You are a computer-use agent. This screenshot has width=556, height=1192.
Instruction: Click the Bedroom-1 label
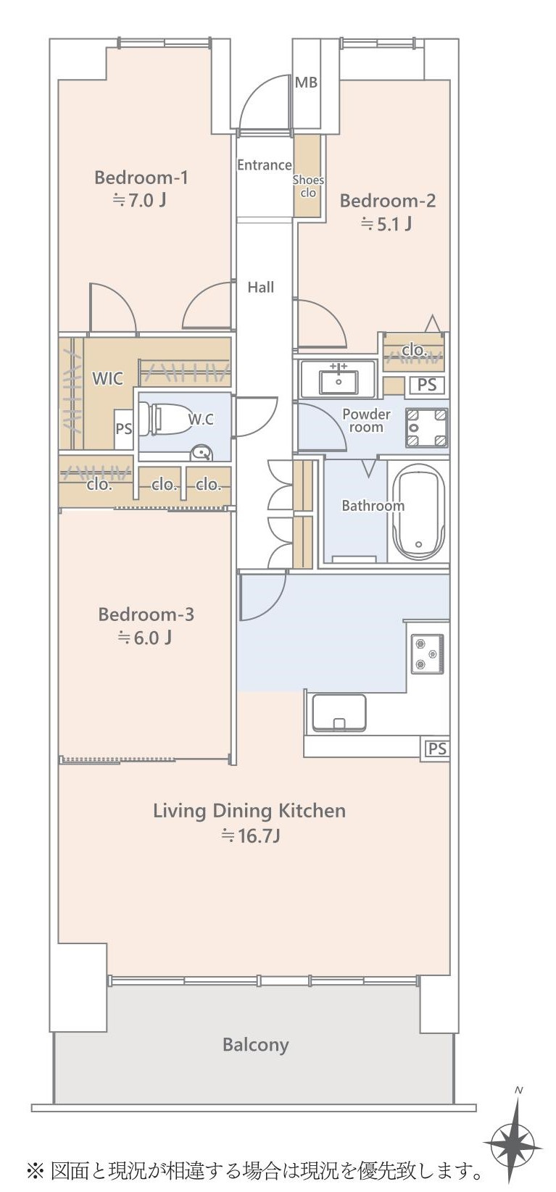click(x=141, y=178)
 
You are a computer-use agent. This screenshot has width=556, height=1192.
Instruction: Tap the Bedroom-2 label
click(x=388, y=201)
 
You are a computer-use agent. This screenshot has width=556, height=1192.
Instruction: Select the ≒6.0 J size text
click(x=144, y=637)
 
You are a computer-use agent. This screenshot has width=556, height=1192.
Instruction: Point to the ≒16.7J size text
click(x=250, y=835)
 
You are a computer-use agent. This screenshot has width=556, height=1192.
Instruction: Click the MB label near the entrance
click(x=306, y=83)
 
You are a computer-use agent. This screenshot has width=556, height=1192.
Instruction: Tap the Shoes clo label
click(x=308, y=186)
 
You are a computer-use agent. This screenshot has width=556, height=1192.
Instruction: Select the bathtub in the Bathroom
click(x=418, y=512)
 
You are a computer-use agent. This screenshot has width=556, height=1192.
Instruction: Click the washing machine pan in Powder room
click(x=426, y=428)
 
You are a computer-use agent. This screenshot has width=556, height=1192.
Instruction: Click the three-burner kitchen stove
click(x=427, y=654)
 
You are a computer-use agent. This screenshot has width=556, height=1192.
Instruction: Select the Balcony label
click(x=256, y=1045)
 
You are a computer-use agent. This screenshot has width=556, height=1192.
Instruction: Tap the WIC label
click(x=107, y=378)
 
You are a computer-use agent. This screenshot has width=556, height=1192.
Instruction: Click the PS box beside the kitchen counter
click(x=436, y=749)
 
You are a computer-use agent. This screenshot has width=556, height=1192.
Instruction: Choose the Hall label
click(x=261, y=288)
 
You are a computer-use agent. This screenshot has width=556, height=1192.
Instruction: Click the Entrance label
click(x=264, y=165)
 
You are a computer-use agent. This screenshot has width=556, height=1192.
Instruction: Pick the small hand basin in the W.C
click(x=202, y=453)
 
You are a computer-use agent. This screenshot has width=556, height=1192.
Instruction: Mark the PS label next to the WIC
click(x=123, y=428)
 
